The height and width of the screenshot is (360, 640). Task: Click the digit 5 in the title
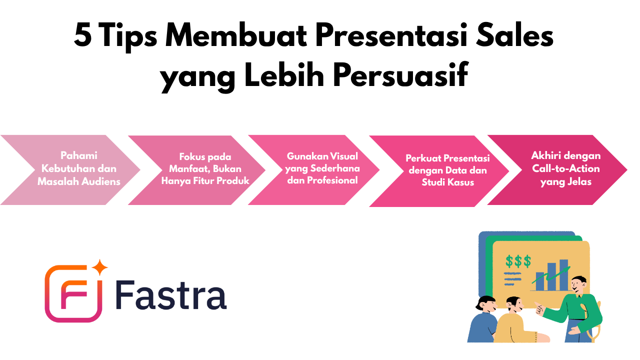click(83, 35)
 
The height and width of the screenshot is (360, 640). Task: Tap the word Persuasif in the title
click(400, 74)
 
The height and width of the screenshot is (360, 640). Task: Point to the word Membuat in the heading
click(236, 34)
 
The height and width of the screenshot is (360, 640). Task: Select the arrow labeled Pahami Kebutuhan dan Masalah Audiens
click(70, 170)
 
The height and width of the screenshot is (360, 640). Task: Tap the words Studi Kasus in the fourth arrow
click(447, 182)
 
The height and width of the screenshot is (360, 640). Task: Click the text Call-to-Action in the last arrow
click(565, 168)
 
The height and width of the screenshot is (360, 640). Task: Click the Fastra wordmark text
click(171, 295)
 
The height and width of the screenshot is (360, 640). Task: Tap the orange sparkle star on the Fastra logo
click(99, 267)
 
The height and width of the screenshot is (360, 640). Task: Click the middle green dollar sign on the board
click(518, 261)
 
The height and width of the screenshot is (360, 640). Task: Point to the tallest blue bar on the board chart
click(563, 274)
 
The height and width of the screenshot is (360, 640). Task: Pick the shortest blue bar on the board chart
click(539, 281)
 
